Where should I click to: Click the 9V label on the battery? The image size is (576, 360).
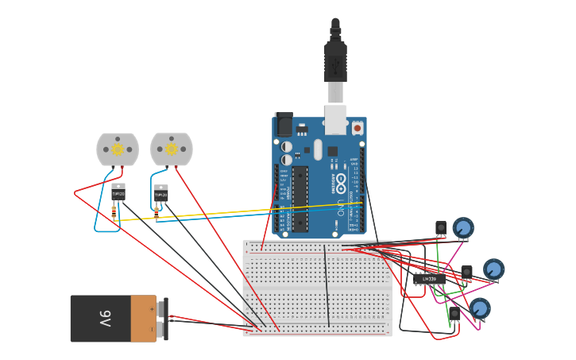[x=105, y=319]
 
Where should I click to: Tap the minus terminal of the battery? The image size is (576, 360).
[x=162, y=328]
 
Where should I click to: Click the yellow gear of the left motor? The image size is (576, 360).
[x=118, y=149]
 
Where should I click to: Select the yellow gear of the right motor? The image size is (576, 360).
[x=171, y=149]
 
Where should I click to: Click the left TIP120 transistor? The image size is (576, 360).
[x=118, y=192]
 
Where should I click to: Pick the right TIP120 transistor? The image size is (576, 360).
[x=160, y=194]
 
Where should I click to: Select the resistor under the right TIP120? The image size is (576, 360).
[x=157, y=212]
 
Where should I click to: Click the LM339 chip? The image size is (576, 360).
[x=429, y=279]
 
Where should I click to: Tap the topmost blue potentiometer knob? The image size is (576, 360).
[x=463, y=228]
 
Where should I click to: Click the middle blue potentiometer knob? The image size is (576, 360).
[x=493, y=269]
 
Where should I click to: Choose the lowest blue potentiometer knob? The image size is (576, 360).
[x=479, y=308]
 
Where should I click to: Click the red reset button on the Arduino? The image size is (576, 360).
[x=357, y=128]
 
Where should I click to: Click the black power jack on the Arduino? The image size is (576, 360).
[x=284, y=125]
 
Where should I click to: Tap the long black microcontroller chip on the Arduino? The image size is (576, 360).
[x=300, y=199]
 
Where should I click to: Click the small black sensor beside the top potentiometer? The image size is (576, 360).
[x=441, y=227]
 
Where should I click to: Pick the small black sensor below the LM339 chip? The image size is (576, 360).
[x=454, y=313]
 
